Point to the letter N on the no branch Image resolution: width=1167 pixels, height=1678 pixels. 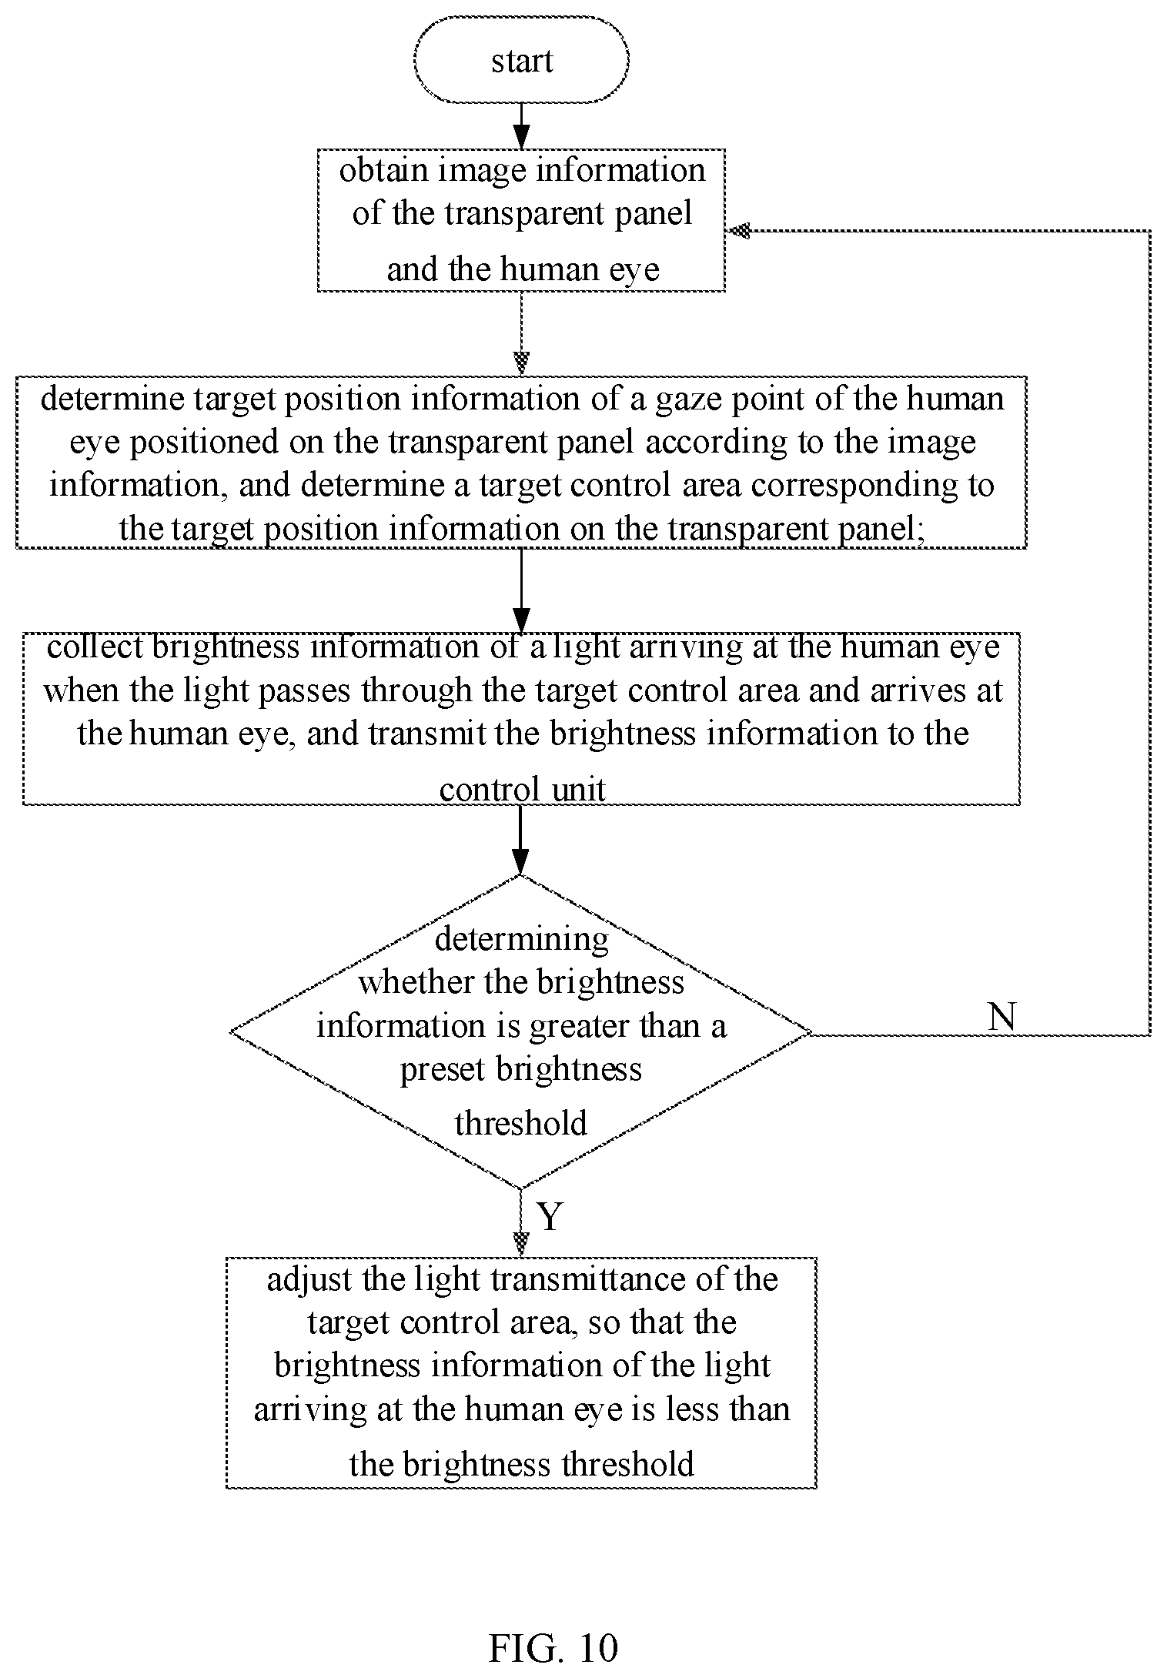(x=1001, y=1017)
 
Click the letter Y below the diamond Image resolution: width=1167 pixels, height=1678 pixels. (x=550, y=1216)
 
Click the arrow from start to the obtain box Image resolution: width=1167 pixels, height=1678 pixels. (x=521, y=125)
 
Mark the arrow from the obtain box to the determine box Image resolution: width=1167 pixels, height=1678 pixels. (x=521, y=333)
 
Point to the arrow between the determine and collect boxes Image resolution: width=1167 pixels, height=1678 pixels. (x=521, y=590)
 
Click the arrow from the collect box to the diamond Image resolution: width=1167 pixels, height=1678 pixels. (x=521, y=840)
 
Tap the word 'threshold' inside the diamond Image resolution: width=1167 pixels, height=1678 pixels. (x=521, y=1123)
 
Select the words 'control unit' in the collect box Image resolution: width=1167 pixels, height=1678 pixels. (x=522, y=790)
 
